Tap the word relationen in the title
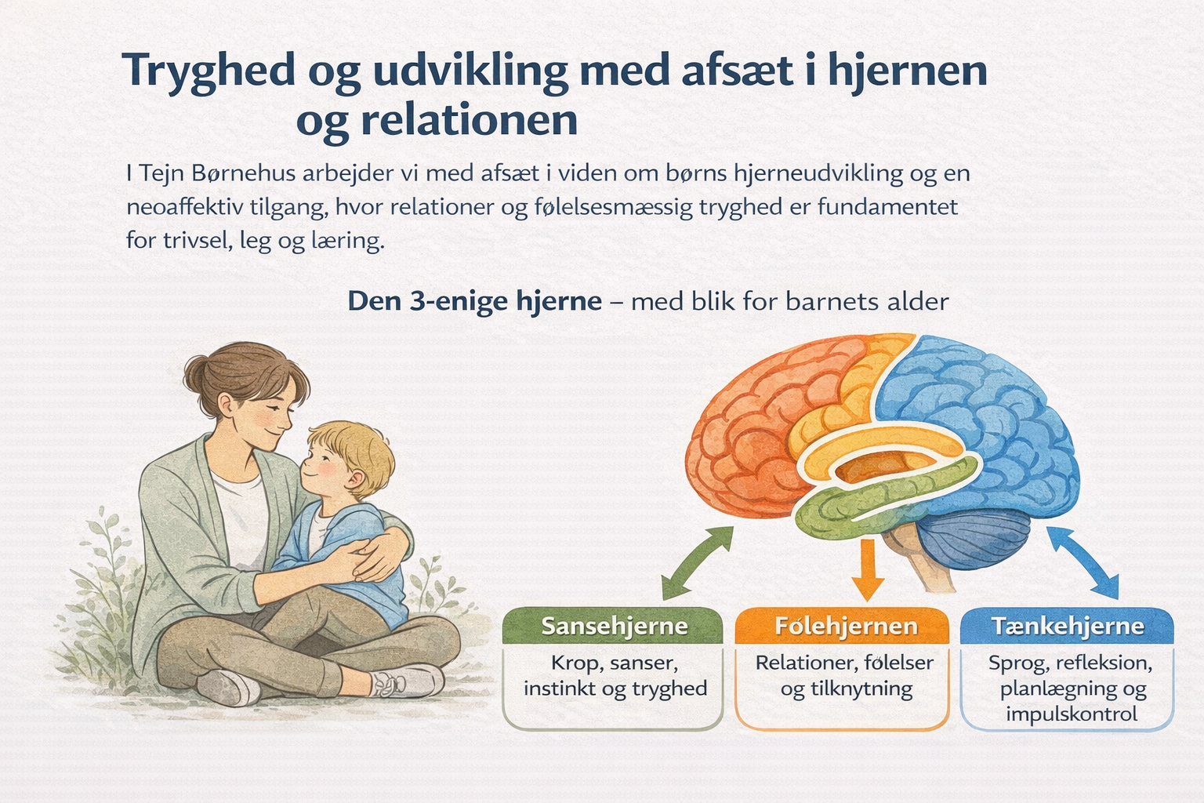(470, 119)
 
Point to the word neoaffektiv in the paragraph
(185, 206)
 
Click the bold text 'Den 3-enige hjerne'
(474, 300)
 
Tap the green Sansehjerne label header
(613, 626)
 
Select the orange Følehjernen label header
(843, 626)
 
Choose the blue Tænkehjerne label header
(1067, 626)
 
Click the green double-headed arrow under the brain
(698, 562)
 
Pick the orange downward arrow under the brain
(868, 569)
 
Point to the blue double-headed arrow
(1083, 561)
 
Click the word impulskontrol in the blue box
(1072, 714)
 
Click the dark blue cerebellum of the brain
(973, 540)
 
